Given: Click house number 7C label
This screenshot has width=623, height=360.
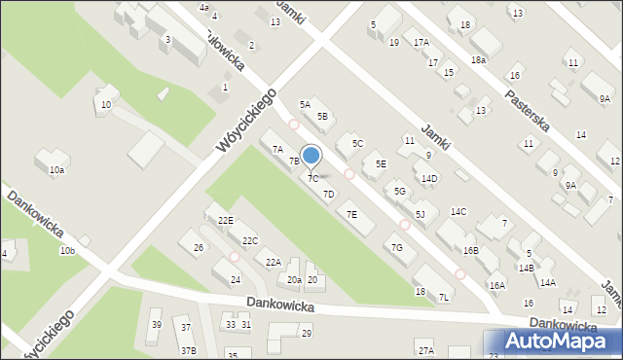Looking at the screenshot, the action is [x=312, y=179].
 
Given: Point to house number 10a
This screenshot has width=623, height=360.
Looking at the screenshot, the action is [x=57, y=170].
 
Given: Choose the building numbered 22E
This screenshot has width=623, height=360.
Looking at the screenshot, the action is [x=226, y=221].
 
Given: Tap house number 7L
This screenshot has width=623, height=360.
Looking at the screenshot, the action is [x=444, y=297].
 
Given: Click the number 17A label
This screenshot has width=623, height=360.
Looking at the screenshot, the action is [x=421, y=43].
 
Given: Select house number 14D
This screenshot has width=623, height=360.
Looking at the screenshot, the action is [x=429, y=178].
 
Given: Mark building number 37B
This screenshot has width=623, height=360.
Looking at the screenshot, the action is [x=188, y=350].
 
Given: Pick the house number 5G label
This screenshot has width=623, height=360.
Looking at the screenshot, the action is [x=399, y=191].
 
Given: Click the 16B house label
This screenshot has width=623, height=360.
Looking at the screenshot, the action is [x=470, y=251].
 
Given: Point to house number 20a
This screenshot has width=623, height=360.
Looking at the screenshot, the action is [x=294, y=280].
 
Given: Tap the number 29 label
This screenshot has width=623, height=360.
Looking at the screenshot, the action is [x=306, y=334].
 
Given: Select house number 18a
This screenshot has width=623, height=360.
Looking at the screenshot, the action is [x=478, y=60].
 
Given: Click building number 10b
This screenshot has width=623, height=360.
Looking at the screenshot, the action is [x=66, y=251].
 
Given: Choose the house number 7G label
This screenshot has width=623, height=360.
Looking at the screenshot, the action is [x=396, y=248].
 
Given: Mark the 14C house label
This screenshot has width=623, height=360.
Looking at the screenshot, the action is [x=458, y=212].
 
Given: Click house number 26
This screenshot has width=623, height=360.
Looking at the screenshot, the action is [x=199, y=248].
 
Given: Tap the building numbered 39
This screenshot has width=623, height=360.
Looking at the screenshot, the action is [x=156, y=325].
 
